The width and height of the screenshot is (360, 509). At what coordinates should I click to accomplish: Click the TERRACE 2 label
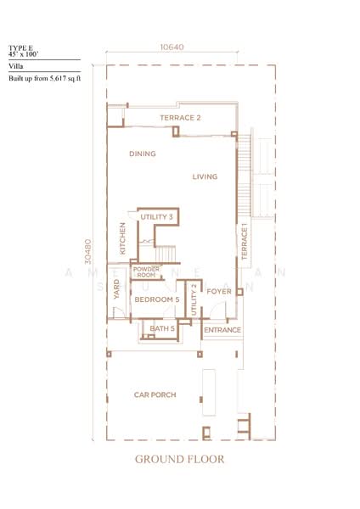(x=180, y=117)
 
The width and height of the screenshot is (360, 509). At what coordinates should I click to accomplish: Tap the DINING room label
(x=142, y=154)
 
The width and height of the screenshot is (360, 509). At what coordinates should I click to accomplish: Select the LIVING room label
(x=205, y=176)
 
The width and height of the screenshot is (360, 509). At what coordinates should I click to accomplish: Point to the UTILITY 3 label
(x=157, y=218)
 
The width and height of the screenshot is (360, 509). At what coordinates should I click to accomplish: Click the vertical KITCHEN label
(x=123, y=238)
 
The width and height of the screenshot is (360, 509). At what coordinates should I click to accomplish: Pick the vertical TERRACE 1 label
(x=243, y=241)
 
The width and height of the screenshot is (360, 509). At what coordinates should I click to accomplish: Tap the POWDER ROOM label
(x=146, y=272)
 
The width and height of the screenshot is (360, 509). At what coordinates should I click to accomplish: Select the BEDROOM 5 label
(x=157, y=299)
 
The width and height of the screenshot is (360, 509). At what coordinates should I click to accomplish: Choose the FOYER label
(x=220, y=292)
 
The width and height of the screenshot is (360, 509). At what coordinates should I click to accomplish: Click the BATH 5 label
(x=162, y=328)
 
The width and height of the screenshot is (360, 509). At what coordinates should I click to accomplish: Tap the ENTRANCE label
(x=222, y=329)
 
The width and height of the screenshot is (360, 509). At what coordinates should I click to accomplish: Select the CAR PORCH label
(x=154, y=395)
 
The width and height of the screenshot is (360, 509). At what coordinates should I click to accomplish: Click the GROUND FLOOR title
(x=179, y=461)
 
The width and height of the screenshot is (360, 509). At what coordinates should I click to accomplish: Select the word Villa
(x=16, y=64)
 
